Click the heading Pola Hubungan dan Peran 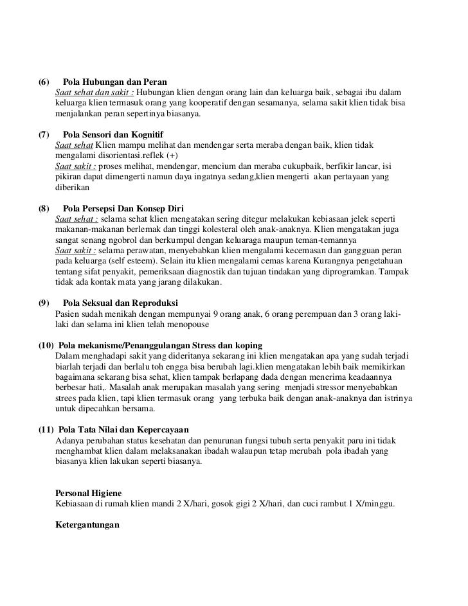(x=115, y=84)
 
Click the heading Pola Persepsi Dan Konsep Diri (x=123, y=208)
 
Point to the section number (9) (x=44, y=303)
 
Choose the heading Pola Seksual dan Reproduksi (x=121, y=303)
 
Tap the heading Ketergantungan (x=88, y=524)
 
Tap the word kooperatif (x=213, y=105)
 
